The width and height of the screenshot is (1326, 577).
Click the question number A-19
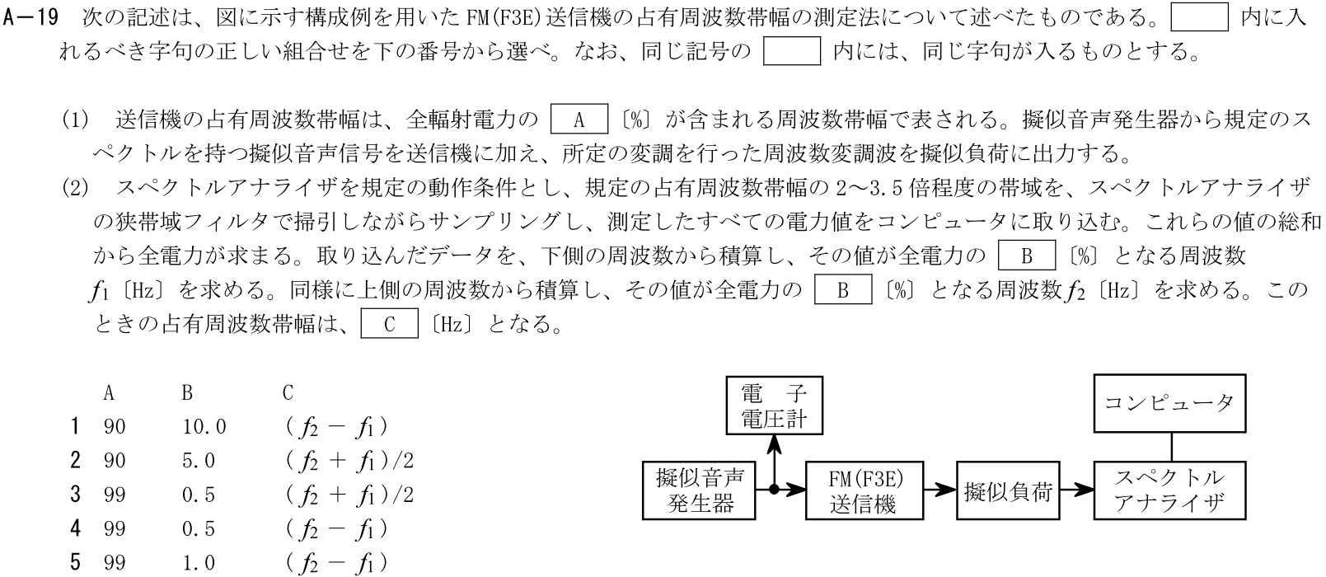pos(30,18)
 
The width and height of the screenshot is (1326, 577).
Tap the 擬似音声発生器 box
pos(700,490)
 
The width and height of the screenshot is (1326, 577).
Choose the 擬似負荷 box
pos(1008,490)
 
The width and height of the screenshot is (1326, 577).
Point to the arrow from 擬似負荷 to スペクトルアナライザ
pos(1076,490)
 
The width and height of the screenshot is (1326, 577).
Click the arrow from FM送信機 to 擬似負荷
pos(939,490)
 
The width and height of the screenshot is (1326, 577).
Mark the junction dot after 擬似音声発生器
pos(774,490)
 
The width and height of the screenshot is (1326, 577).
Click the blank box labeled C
pos(390,324)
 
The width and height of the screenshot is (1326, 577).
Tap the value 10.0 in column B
pos(204,427)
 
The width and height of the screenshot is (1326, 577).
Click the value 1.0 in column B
pos(199,563)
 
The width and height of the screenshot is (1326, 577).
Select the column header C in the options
pos(288,393)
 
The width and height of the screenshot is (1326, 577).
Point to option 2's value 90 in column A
pos(115,461)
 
